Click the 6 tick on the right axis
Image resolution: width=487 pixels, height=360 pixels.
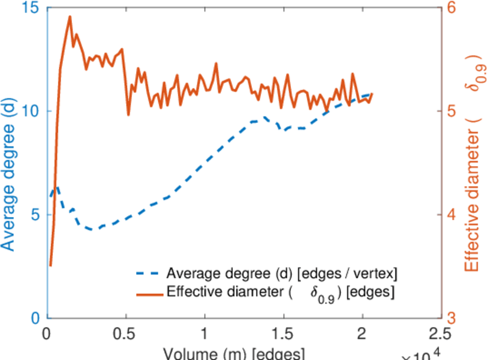click(451, 8)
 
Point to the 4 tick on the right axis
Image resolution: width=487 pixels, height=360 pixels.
click(451, 215)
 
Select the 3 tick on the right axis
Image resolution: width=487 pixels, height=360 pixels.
click(451, 318)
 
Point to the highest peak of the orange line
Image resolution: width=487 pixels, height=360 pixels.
click(70, 17)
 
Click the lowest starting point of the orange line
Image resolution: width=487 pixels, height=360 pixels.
click(50, 265)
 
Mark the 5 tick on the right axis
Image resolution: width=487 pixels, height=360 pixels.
click(451, 112)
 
